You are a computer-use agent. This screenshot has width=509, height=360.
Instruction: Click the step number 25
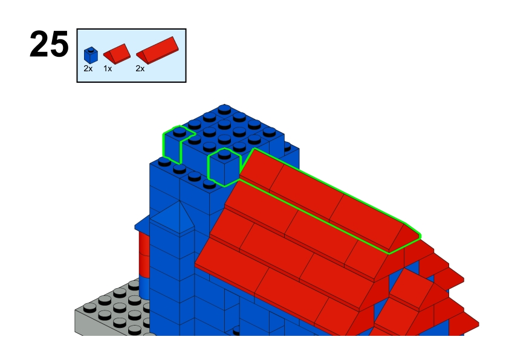[x=49, y=44]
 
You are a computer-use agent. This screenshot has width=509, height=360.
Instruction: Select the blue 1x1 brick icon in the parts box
[x=91, y=55]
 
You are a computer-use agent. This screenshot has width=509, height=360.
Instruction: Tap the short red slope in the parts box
[x=117, y=54]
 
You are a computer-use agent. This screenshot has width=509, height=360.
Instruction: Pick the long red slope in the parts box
[x=157, y=50]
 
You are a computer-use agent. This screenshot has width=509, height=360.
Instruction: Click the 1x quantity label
[x=108, y=68]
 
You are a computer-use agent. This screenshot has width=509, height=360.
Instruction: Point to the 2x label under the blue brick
[x=88, y=68]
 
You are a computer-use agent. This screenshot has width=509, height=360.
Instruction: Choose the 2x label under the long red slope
[x=140, y=68]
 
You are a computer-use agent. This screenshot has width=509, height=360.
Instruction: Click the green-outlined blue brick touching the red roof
[x=224, y=167]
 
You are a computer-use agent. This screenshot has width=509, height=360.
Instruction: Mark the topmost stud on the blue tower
[x=224, y=109]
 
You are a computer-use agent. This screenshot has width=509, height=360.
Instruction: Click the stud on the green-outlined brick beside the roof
[x=224, y=153]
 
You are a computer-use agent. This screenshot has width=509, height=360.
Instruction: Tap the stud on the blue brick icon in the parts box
[x=91, y=50]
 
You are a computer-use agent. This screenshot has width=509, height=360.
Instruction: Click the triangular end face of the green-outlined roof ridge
[x=404, y=239]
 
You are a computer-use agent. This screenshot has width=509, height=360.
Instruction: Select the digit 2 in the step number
[x=39, y=44]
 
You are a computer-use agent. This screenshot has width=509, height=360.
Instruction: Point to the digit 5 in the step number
[x=59, y=45]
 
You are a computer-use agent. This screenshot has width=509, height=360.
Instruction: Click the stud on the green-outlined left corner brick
[x=180, y=131]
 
